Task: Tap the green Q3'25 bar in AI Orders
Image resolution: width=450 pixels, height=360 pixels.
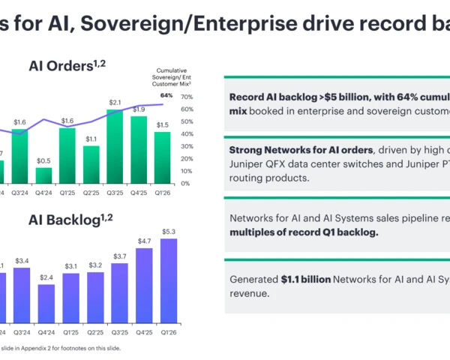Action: tap(115, 146)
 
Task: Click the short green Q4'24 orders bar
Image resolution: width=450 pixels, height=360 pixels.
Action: tap(44, 175)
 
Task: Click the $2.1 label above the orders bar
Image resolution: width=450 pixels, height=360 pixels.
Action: tap(115, 102)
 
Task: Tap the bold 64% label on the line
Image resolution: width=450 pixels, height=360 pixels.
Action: tap(166, 95)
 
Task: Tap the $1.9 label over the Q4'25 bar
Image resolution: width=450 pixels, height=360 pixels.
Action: tap(139, 109)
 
